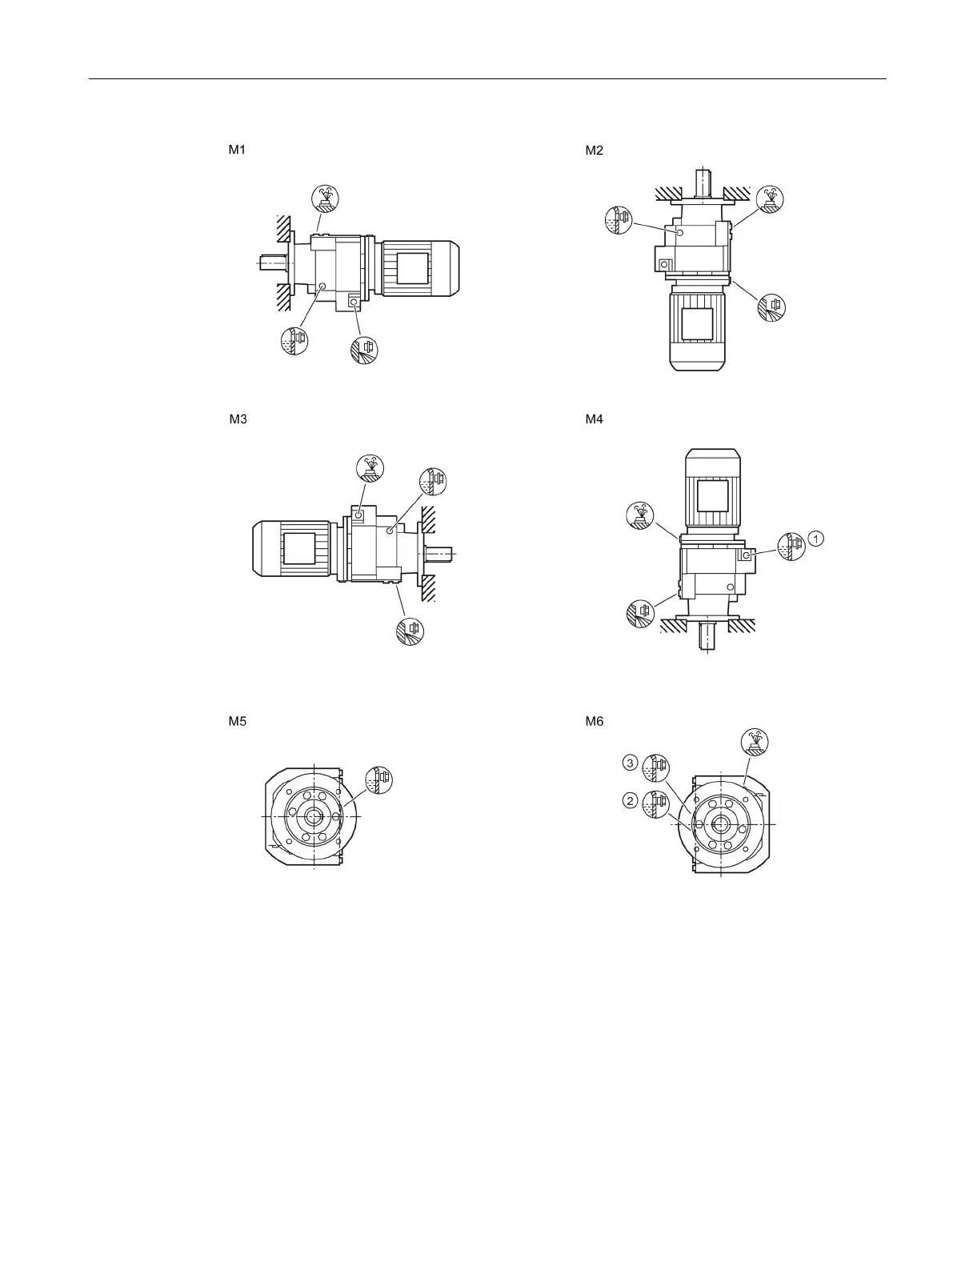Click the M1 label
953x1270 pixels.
(x=236, y=150)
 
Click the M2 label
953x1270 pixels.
(x=595, y=150)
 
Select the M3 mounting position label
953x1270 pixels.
(x=238, y=419)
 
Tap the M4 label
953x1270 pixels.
(x=595, y=419)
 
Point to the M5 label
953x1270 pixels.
(x=236, y=721)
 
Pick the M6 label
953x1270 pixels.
(x=595, y=721)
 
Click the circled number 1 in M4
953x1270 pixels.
(x=815, y=539)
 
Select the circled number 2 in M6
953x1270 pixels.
(x=631, y=800)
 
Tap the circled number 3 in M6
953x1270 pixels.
(x=631, y=763)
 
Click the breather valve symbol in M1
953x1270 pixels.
(x=325, y=198)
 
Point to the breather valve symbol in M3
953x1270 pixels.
(x=370, y=467)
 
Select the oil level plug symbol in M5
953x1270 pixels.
(x=378, y=779)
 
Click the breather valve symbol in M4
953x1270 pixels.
(x=639, y=515)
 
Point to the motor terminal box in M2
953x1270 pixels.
(x=696, y=327)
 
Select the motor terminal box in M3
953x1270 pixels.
(x=298, y=550)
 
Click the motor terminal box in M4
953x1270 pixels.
(x=713, y=495)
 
